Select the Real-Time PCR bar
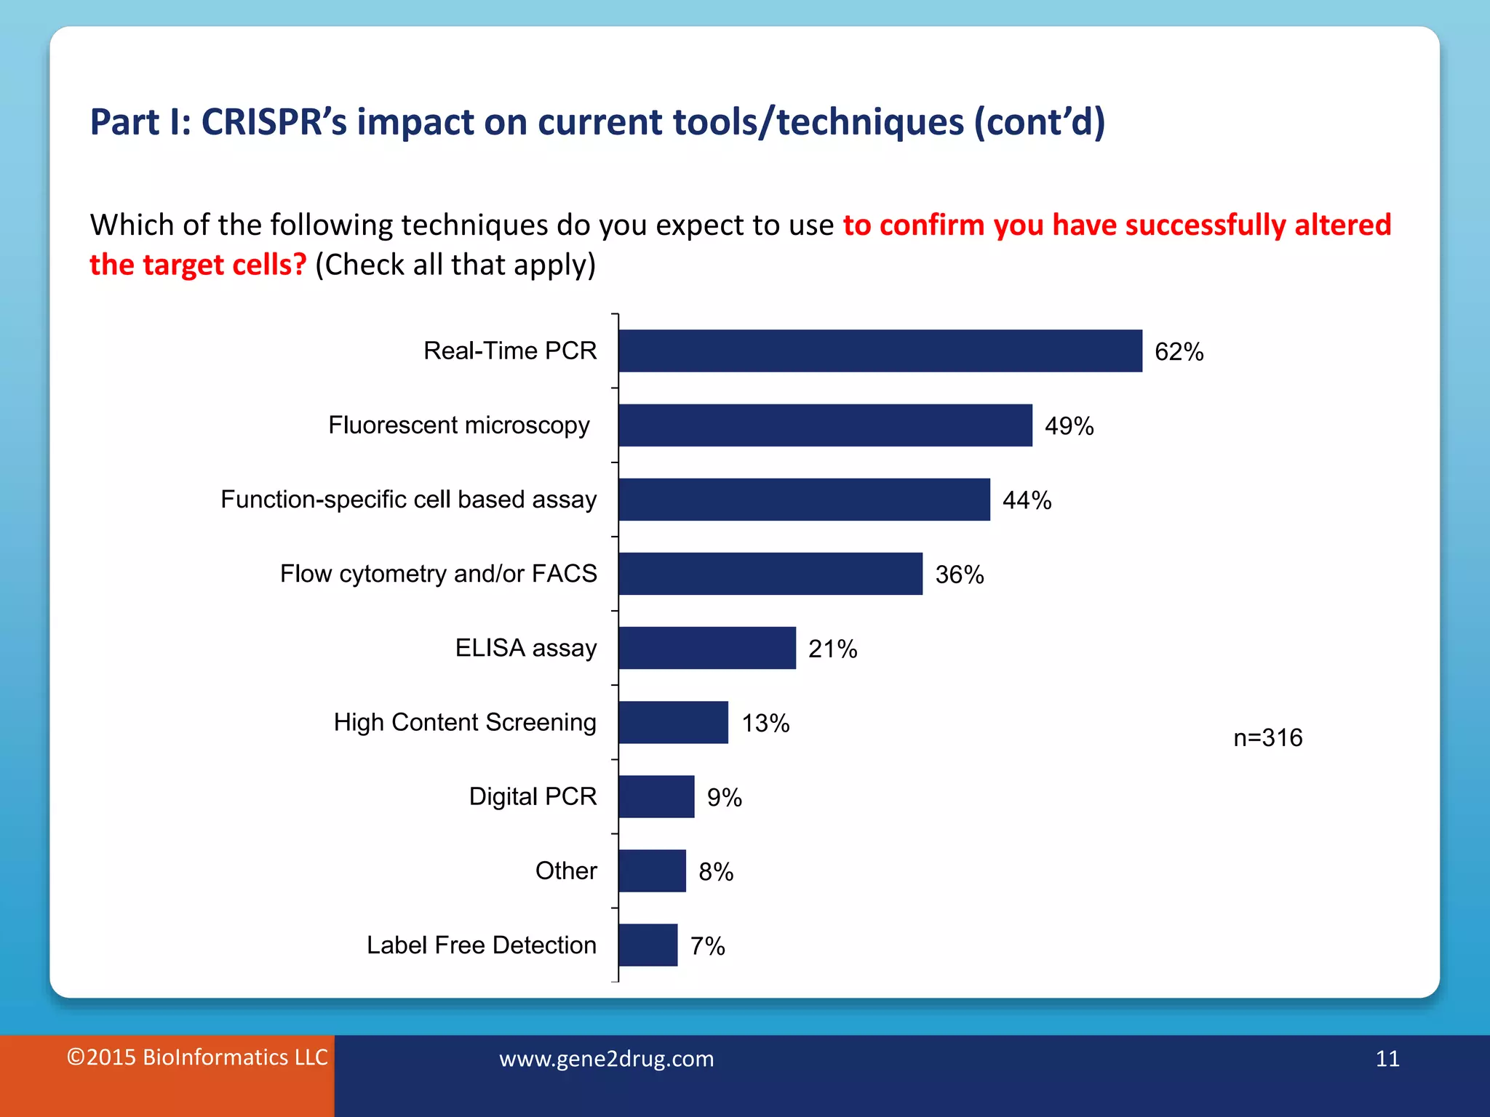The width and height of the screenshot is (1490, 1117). (x=880, y=351)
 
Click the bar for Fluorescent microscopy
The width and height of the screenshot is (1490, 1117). (x=825, y=425)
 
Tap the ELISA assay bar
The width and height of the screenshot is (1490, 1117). (x=707, y=648)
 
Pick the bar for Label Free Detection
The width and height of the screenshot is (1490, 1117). (x=648, y=945)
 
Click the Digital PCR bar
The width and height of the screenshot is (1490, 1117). (x=656, y=797)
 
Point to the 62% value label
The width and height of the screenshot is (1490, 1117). (x=1179, y=352)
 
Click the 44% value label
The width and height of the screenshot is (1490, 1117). (x=1027, y=500)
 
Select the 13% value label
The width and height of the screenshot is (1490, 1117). (x=765, y=724)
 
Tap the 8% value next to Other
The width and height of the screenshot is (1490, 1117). (x=716, y=872)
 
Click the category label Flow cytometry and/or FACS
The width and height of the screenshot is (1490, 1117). (x=438, y=574)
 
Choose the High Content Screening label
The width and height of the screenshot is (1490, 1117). (x=465, y=722)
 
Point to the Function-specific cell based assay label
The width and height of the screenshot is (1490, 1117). (x=408, y=500)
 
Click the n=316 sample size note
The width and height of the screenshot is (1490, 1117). (x=1267, y=738)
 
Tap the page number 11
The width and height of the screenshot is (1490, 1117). (x=1387, y=1059)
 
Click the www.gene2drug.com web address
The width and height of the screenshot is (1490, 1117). (x=606, y=1059)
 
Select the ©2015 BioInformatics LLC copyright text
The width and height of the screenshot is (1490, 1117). (x=197, y=1057)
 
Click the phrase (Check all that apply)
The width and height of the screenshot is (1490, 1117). (x=455, y=265)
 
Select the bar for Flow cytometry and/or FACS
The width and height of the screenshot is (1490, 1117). (x=770, y=574)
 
